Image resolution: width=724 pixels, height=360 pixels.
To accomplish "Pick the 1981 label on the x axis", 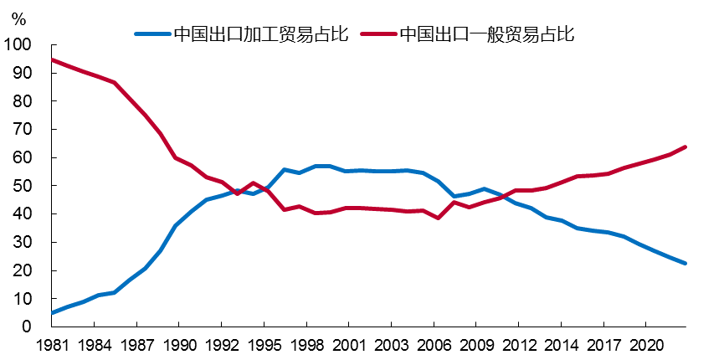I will pyautogui.click(x=52, y=344).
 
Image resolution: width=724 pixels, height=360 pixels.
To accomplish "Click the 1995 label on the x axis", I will pyautogui.click(x=264, y=344).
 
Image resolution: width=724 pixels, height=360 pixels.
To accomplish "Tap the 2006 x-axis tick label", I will pyautogui.click(x=434, y=344).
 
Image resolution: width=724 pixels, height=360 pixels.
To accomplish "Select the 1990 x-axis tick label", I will pyautogui.click(x=179, y=344).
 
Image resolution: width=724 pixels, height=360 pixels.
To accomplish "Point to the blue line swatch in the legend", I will pyautogui.click(x=151, y=34).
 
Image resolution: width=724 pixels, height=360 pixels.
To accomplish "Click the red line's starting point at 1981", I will pyautogui.click(x=52, y=59).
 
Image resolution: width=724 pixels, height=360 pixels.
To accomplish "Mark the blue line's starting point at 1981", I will pyautogui.click(x=52, y=312).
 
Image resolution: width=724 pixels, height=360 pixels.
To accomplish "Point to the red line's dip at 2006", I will pyautogui.click(x=439, y=218).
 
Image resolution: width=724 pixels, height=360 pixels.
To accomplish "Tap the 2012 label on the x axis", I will pyautogui.click(x=518, y=344).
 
